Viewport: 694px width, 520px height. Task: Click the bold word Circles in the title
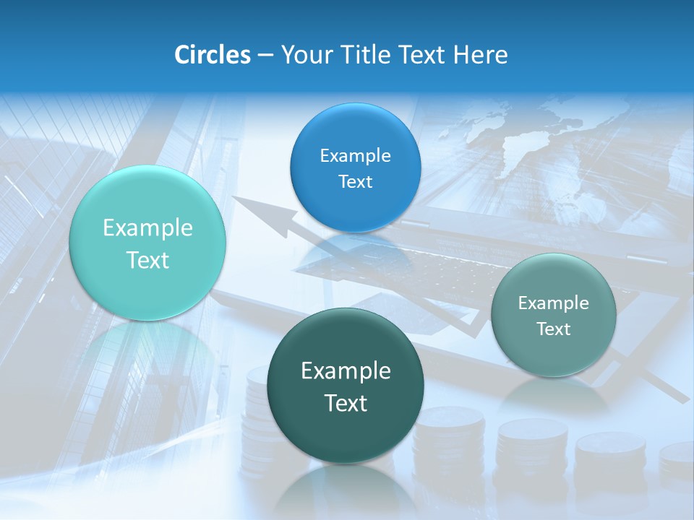[213, 55]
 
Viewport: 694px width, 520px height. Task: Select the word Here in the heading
[481, 55]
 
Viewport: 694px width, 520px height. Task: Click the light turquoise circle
[147, 243]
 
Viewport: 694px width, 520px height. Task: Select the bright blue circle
[355, 168]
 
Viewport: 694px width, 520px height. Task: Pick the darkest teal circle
[346, 385]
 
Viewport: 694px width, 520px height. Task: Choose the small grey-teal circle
[554, 315]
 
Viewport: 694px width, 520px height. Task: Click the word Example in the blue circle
[355, 155]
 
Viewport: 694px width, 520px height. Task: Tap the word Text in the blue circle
[355, 181]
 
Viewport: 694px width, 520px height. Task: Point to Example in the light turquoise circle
[147, 228]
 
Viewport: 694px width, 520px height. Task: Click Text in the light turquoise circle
[147, 260]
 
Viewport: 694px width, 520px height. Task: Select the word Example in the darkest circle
[346, 370]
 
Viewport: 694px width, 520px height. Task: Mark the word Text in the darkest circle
[346, 403]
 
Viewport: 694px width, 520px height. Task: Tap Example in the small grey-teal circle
[554, 303]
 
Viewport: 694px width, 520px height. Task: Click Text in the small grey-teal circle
[554, 329]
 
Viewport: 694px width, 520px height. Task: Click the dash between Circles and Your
[265, 55]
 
